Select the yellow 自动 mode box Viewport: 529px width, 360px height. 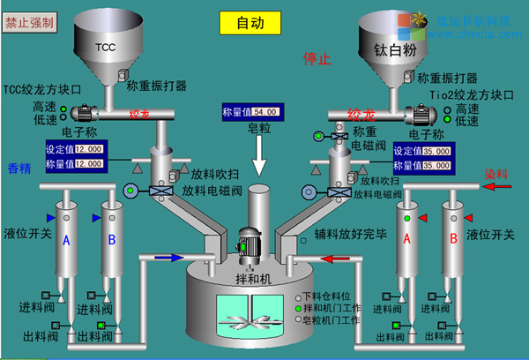coord(250,23)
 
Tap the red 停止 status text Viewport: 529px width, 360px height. coord(317,59)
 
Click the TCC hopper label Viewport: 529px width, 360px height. coord(105,47)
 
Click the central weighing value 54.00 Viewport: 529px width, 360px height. coord(265,112)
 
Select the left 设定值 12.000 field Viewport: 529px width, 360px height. coord(90,150)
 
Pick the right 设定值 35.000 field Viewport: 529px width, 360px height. coord(436,152)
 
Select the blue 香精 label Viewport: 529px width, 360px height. coord(19,169)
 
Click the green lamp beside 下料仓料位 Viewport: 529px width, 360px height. coord(298,296)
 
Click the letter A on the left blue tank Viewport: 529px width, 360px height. coord(66,238)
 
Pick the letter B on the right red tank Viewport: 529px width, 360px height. coord(452,237)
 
